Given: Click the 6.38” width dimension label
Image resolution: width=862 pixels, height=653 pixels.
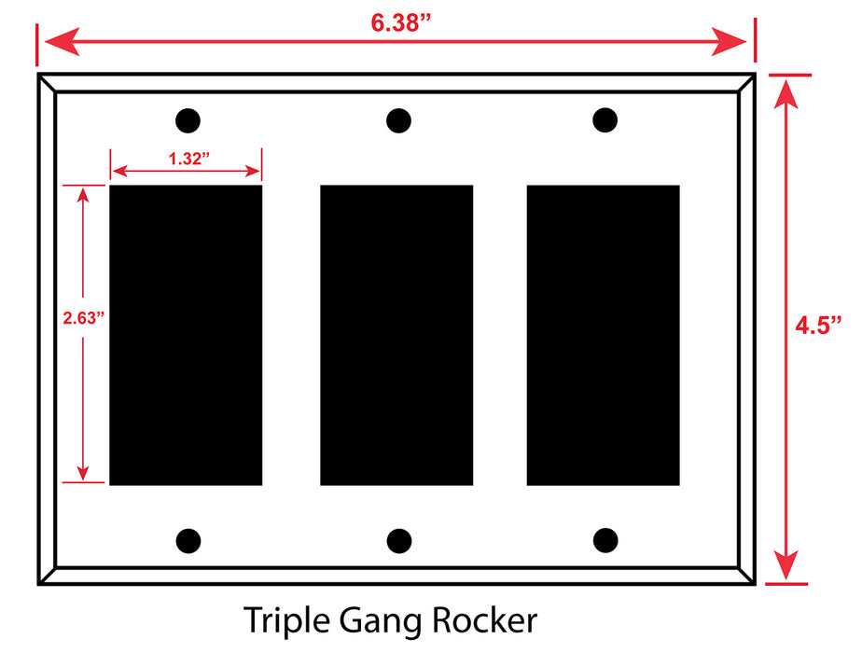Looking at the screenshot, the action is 401,22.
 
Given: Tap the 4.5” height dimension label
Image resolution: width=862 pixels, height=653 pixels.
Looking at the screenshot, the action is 818,326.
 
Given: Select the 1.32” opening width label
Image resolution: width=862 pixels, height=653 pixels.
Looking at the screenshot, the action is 189,159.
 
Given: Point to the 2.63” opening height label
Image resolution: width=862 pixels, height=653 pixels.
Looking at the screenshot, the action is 83,318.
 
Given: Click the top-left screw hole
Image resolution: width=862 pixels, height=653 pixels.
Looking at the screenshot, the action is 188,120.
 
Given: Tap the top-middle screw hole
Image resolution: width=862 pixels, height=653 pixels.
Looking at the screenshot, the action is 398,120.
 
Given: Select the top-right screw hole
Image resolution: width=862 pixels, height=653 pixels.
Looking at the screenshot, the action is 605,119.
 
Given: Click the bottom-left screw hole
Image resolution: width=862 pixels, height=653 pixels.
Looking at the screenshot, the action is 188,541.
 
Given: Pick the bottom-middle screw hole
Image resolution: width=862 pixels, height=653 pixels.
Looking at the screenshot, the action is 399,541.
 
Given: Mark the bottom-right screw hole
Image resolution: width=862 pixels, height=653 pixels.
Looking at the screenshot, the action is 605,540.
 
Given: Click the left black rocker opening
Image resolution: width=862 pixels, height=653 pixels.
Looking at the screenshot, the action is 186,335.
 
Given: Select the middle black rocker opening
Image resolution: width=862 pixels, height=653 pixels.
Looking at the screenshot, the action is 396,335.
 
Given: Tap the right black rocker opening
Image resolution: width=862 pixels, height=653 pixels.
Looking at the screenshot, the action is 603,335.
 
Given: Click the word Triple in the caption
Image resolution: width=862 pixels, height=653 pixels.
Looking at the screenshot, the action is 286,621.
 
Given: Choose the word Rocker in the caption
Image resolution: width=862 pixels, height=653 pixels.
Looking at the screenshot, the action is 484,620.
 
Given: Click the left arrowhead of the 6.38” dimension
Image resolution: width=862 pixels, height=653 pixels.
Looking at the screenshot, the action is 62,41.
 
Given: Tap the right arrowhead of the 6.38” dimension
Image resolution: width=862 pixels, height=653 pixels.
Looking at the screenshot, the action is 729,41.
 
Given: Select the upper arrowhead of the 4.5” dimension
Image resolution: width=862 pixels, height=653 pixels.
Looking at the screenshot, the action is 786,94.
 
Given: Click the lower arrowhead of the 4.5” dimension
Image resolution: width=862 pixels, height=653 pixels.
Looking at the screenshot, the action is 786,564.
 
